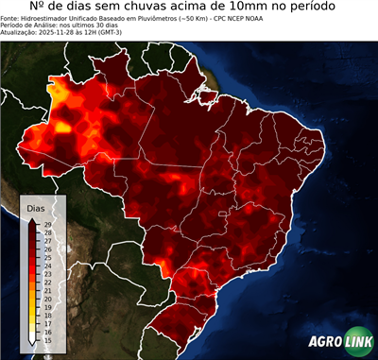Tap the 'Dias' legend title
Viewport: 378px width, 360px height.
(x=36, y=207)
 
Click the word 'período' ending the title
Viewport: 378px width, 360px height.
(x=306, y=9)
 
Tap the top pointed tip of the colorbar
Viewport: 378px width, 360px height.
(x=32, y=218)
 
